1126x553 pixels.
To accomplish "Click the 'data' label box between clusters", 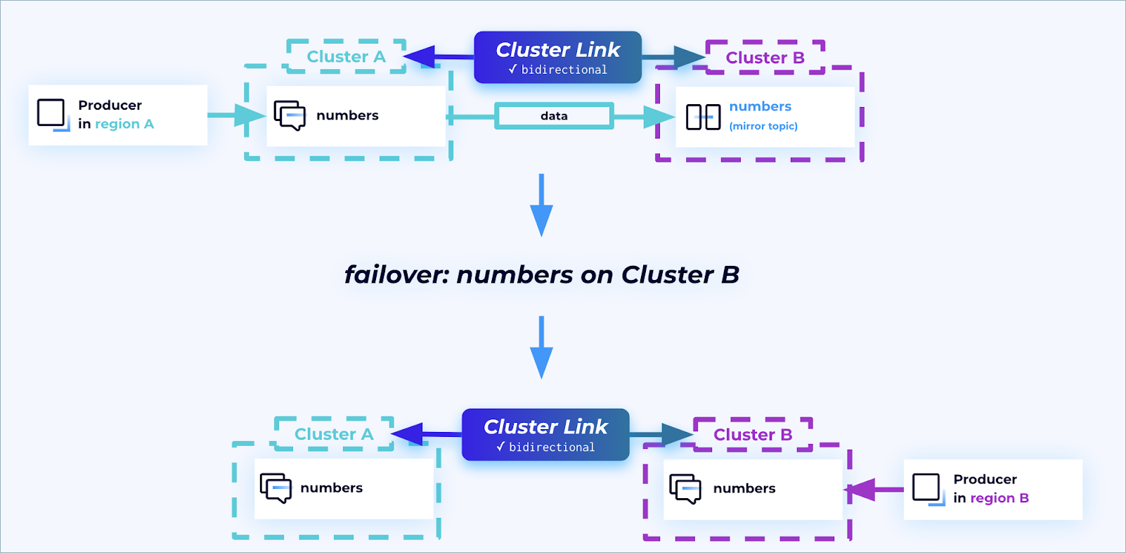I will pos(554,116).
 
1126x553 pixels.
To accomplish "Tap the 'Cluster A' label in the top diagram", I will pos(346,57).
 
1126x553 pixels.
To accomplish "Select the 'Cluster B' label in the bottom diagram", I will pos(753,435).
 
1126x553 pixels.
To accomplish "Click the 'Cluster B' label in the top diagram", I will pos(765,58).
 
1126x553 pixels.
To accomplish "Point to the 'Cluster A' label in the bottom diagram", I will pos(334,434).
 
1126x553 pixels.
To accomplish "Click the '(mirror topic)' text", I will pos(763,127).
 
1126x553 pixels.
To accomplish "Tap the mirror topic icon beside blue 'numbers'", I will pos(703,117).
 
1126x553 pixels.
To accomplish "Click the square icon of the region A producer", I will pos(51,113).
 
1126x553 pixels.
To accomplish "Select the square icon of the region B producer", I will pos(926,488).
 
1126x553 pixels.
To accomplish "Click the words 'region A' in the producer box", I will pos(124,125).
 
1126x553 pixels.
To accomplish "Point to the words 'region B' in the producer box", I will pos(999,498).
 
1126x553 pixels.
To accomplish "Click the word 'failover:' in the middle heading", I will pos(396,274).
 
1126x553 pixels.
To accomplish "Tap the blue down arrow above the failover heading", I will pos(541,205).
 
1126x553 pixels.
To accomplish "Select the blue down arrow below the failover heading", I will pos(541,348).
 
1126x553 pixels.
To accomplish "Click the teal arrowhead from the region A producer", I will pos(250,115).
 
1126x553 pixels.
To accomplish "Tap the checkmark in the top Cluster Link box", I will pos(512,70).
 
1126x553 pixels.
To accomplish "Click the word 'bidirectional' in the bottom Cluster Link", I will pos(552,447).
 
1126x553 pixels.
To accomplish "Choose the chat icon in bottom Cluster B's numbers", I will pos(685,488).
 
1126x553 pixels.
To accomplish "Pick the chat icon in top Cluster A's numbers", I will pos(290,115).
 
